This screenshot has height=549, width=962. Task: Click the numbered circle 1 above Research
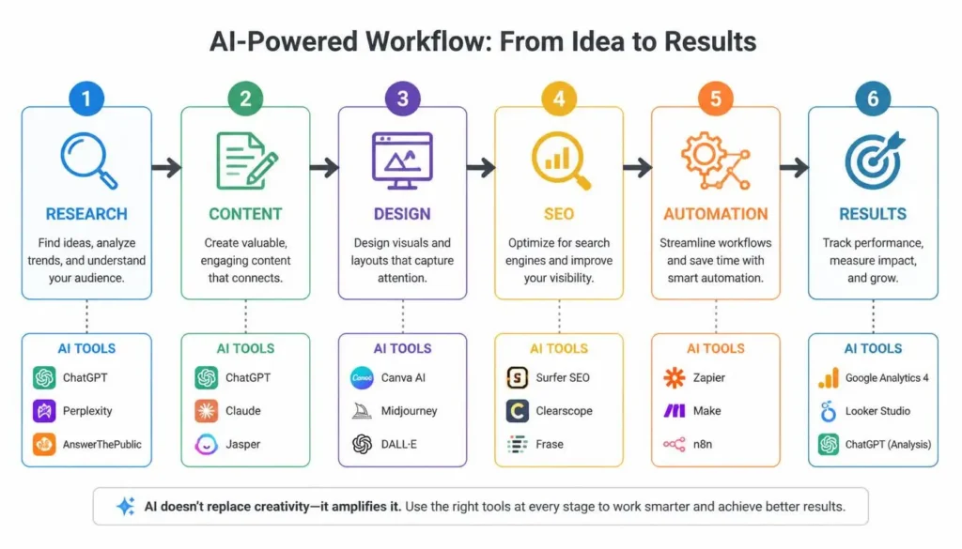click(86, 98)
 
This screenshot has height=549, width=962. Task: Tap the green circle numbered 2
click(245, 98)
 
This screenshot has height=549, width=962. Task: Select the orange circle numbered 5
click(715, 98)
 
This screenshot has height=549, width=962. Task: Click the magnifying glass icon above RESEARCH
click(89, 160)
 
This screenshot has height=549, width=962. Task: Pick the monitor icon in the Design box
click(402, 160)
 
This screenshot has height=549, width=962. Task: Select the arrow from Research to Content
click(166, 167)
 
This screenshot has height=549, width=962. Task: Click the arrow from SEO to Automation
click(638, 167)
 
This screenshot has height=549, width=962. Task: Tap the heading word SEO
click(559, 214)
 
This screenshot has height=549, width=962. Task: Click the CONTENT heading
click(245, 214)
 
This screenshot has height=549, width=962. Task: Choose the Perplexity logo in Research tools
click(44, 410)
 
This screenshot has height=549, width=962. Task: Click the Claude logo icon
click(206, 410)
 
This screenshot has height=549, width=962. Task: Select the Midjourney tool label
click(410, 410)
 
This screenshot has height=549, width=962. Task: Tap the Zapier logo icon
click(675, 377)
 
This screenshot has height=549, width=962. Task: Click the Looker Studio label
click(878, 410)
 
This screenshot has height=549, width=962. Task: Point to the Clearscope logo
click(518, 410)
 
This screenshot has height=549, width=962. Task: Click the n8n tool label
click(703, 444)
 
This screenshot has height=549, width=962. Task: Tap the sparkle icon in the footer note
click(126, 506)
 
